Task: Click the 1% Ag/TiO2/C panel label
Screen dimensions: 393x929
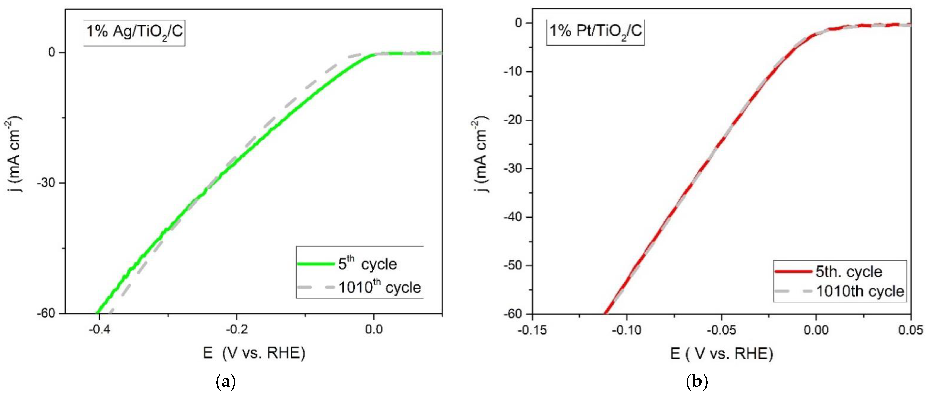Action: pyautogui.click(x=134, y=32)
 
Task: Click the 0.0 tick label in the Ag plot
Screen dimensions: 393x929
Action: pyautogui.click(x=374, y=330)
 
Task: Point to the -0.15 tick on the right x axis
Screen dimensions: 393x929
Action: pyautogui.click(x=532, y=330)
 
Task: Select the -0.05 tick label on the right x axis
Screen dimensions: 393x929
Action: pyautogui.click(x=721, y=330)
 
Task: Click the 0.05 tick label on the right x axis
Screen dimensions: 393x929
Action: pyautogui.click(x=911, y=330)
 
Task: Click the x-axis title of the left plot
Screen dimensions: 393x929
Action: pyautogui.click(x=254, y=353)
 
